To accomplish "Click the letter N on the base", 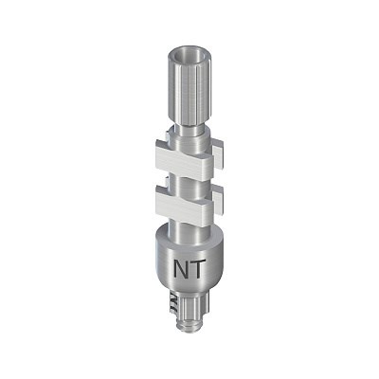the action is point(182,269).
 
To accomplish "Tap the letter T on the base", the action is point(198,269).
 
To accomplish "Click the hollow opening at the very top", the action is point(187,54).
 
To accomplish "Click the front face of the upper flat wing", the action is point(180,164).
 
